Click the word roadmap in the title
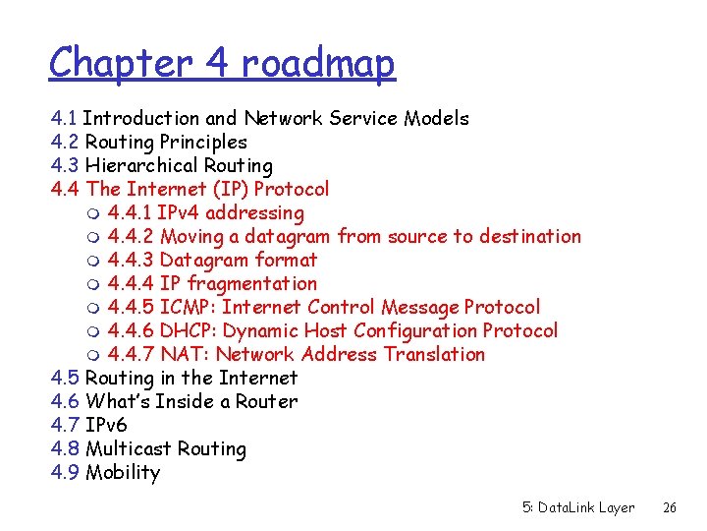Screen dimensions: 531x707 point(318,64)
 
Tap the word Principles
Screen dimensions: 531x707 point(203,142)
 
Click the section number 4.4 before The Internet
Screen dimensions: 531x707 point(65,189)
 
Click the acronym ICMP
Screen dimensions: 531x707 point(187,307)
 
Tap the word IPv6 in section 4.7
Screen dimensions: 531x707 point(107,425)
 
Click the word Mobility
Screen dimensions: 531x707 point(123,472)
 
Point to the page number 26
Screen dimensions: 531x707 point(670,507)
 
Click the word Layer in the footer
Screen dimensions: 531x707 point(617,507)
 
